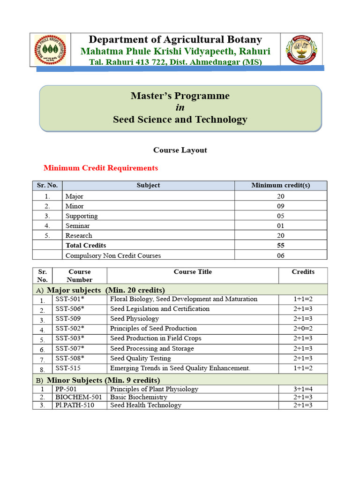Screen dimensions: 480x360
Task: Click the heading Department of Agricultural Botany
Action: tap(175, 39)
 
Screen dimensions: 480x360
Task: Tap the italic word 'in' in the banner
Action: tap(180, 107)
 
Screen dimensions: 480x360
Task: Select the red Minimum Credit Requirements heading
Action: tap(101, 168)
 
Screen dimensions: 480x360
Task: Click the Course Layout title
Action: tap(180, 150)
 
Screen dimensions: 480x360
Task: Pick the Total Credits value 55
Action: tap(280, 245)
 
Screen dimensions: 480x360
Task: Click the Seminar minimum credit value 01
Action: tap(280, 225)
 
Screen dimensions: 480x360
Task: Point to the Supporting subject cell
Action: tap(82, 216)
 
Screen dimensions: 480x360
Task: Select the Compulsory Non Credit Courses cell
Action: tap(113, 255)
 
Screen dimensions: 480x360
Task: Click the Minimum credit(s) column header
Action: tap(280, 185)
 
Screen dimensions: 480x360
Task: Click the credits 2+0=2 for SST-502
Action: tap(303, 329)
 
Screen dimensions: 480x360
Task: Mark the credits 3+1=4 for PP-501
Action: tap(303, 389)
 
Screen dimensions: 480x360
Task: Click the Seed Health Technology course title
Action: tap(145, 405)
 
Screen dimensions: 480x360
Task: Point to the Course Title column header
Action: tap(193, 272)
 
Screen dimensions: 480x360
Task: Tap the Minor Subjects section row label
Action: tap(103, 380)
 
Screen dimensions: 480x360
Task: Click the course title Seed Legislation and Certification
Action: tap(159, 309)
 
